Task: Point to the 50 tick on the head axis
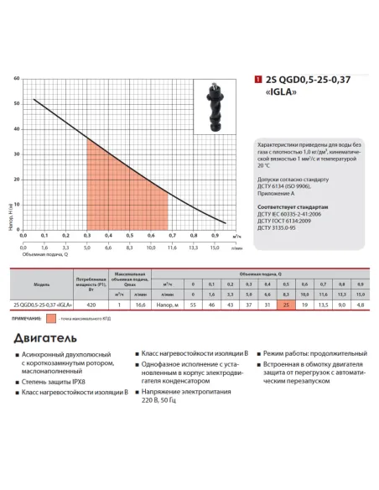pyautogui.click(x=16, y=104)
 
